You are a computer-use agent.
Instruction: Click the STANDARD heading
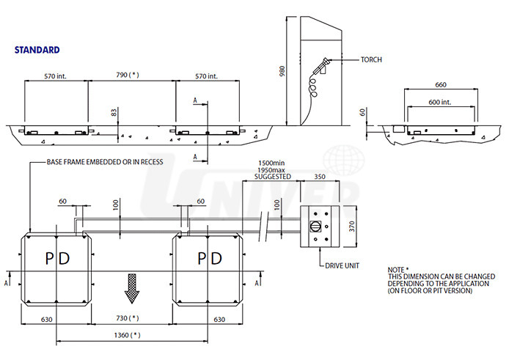(37, 51)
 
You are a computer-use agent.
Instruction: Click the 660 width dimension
(441, 84)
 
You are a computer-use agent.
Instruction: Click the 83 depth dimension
(114, 113)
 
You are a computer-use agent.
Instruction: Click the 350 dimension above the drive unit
(319, 177)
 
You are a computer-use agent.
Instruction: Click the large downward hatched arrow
(132, 287)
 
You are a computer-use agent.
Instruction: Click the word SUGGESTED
(271, 177)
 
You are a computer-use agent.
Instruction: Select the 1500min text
(271, 163)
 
